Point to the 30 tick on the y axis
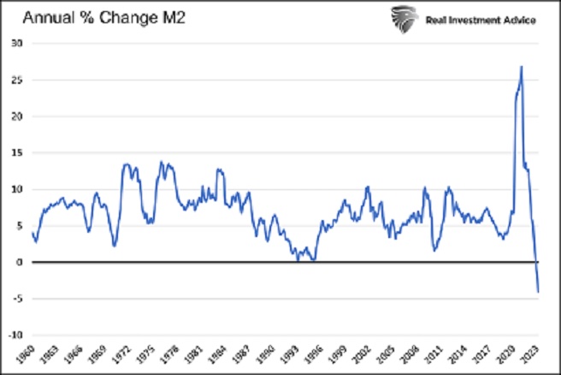pos(17,43)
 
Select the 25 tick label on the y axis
pos(17,80)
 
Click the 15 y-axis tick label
pos(17,152)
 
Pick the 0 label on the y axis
pos(20,262)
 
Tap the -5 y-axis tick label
pos(17,299)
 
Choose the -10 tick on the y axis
pos(15,335)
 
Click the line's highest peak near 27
pos(522,67)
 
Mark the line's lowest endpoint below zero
pos(538,292)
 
